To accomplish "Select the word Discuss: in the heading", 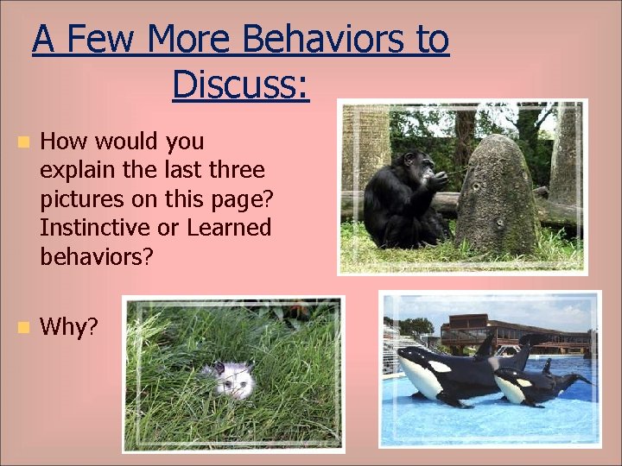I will [x=240, y=85].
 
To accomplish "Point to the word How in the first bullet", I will [x=62, y=141].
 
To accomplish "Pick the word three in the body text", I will [x=234, y=170].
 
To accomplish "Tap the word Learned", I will [x=232, y=228].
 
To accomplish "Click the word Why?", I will [x=69, y=327].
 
